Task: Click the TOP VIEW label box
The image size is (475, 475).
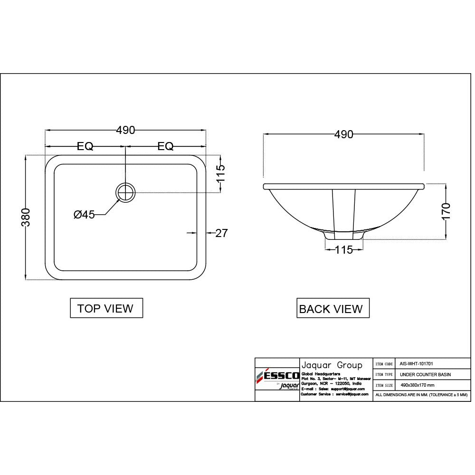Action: coord(106,308)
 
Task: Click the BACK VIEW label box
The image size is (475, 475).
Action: coord(332,309)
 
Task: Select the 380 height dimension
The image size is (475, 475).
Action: coord(26,217)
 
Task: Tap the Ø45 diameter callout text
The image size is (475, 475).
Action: coord(84,215)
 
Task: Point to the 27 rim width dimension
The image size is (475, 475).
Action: coord(222,233)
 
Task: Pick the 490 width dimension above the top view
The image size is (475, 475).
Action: coord(125,130)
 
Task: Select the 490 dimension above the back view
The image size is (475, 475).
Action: coord(343,134)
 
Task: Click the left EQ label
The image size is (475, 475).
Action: coord(85,146)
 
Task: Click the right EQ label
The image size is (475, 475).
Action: coord(165,146)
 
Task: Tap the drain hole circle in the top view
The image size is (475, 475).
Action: coord(125,192)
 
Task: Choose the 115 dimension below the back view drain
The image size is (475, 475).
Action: coord(343,249)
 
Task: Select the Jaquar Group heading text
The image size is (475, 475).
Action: coord(332,365)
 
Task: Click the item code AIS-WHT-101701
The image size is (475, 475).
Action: coord(416,363)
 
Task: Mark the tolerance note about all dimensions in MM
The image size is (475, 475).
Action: coord(421,395)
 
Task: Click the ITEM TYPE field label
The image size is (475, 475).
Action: coord(383,374)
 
